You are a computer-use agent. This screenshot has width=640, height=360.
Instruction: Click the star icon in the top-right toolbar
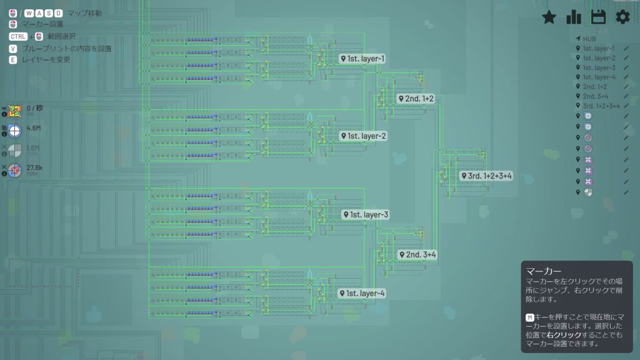549,17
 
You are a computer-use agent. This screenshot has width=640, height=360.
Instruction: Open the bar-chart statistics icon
574,17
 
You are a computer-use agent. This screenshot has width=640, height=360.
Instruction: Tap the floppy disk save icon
598,17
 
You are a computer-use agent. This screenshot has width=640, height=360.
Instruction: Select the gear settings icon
622,17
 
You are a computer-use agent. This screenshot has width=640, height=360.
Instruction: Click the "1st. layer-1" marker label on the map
362,59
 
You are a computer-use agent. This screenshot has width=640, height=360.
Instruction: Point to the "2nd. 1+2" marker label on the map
416,99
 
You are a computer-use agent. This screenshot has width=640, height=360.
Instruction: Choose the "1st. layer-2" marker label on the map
364,136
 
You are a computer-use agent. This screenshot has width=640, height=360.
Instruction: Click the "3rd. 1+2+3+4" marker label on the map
486,176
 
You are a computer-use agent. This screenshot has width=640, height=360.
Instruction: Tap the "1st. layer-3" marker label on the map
366,215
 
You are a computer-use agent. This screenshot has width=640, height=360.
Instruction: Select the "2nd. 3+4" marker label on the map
417,255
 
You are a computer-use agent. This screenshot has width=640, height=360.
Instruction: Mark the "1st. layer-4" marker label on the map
362,293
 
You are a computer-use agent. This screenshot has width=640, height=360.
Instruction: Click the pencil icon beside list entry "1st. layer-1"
626,48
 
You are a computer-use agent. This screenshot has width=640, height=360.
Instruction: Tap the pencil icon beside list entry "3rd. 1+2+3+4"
626,106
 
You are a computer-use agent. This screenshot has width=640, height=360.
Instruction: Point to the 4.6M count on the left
34,128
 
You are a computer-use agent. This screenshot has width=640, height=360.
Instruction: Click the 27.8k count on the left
34,168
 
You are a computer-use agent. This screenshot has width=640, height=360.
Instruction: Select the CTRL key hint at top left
18,36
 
